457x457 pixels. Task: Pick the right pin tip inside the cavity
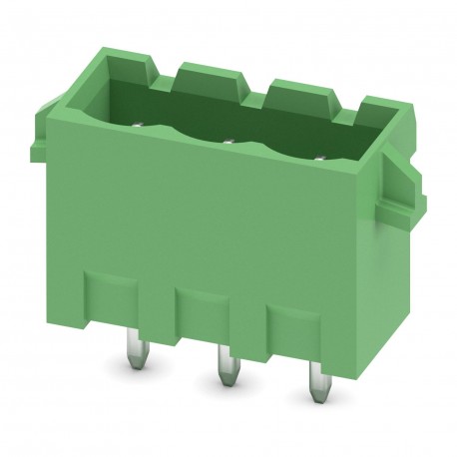(x=319, y=156)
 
